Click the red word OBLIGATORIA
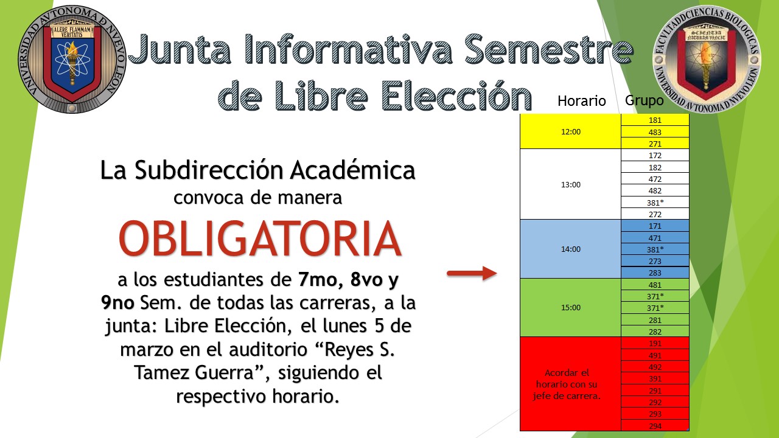(x=260, y=239)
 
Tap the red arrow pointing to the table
(x=472, y=273)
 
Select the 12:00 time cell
(x=571, y=132)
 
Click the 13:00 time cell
(x=571, y=184)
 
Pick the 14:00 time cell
(x=571, y=249)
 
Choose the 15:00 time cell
(x=571, y=307)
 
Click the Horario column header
(x=581, y=101)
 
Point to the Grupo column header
(x=644, y=100)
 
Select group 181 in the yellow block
(x=655, y=120)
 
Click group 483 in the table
(x=655, y=132)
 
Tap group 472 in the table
(x=655, y=179)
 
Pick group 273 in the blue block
(x=655, y=261)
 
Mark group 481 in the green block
(x=655, y=285)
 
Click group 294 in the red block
(x=655, y=426)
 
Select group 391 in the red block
(x=655, y=378)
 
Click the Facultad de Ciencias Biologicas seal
(x=707, y=59)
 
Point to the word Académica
(x=353, y=170)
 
